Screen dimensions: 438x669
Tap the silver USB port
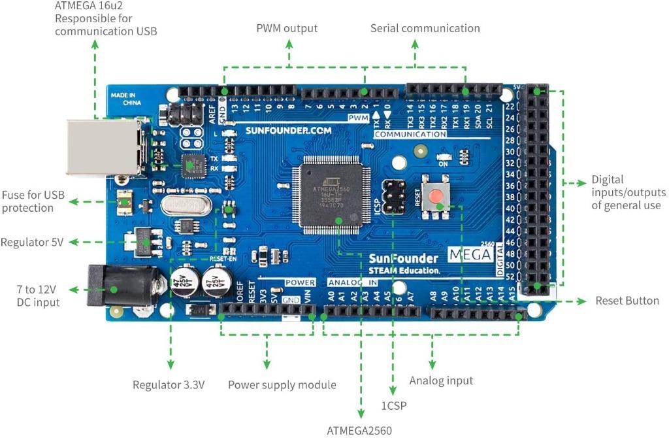pyautogui.click(x=103, y=147)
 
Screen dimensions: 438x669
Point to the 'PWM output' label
pyautogui.click(x=287, y=28)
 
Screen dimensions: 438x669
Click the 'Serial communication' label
pyautogui.click(x=425, y=28)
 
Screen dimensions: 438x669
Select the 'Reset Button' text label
pyautogui.click(x=627, y=301)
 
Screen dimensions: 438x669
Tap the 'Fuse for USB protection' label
pyautogui.click(x=32, y=201)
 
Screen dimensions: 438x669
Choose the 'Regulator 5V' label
pyautogui.click(x=32, y=242)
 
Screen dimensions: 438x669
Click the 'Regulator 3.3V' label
pyautogui.click(x=169, y=384)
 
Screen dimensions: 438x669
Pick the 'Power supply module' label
pyautogui.click(x=282, y=384)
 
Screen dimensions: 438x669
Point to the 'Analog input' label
pyautogui.click(x=441, y=380)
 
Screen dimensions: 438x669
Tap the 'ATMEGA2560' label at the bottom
pyautogui.click(x=360, y=430)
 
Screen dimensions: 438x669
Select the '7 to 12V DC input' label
pyautogui.click(x=37, y=295)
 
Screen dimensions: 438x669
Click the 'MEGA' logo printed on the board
pyautogui.click(x=470, y=255)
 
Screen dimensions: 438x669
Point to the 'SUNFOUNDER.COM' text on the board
pyautogui.click(x=288, y=130)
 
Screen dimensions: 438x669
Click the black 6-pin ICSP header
pyautogui.click(x=393, y=197)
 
